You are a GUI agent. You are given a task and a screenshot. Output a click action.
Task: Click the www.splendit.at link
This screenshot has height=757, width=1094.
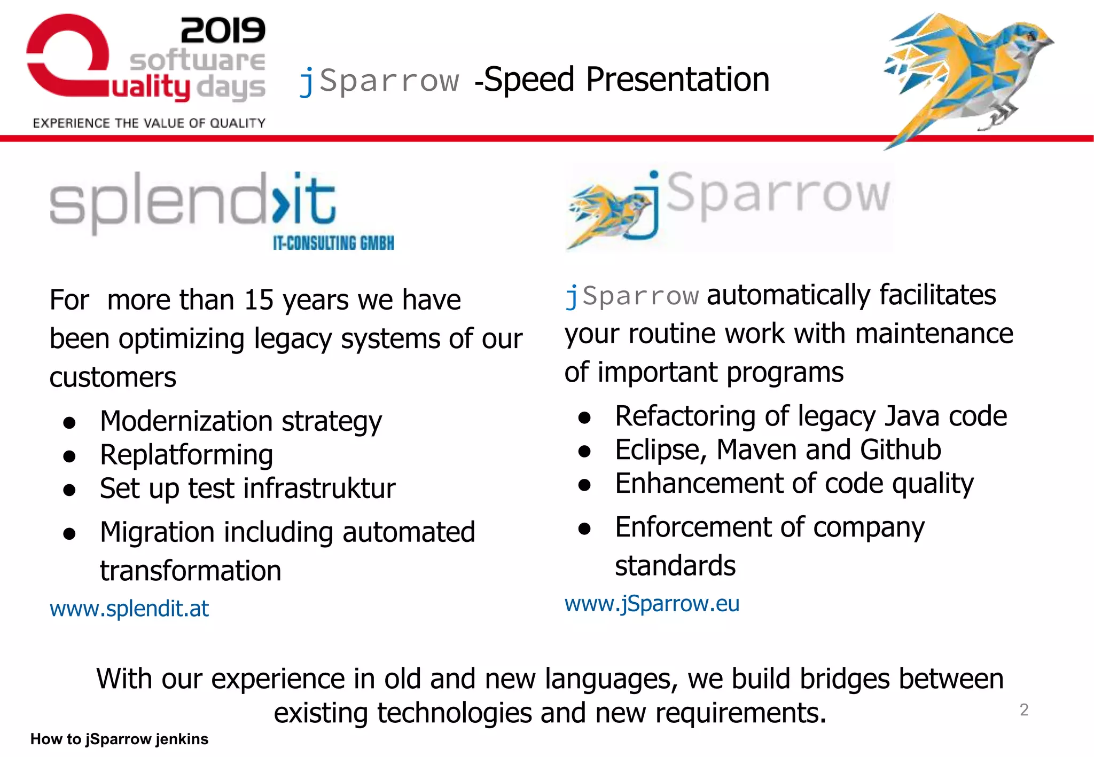pyautogui.click(x=129, y=609)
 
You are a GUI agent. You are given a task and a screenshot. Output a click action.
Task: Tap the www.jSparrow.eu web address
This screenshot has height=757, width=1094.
pyautogui.click(x=652, y=604)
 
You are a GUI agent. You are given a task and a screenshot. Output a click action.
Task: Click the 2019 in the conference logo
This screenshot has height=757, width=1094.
pyautogui.click(x=223, y=30)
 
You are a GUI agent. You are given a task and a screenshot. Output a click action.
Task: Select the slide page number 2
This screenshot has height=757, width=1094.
pyautogui.click(x=1023, y=709)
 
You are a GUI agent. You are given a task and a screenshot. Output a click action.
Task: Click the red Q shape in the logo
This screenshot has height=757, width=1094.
pyautogui.click(x=64, y=59)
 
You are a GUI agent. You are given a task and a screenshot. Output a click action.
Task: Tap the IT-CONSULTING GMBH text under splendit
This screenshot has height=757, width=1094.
pyautogui.click(x=333, y=243)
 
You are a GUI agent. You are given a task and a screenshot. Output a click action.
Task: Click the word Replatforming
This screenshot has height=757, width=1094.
pyautogui.click(x=186, y=455)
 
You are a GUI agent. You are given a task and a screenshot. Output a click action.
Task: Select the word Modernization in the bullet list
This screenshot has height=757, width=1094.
pyautogui.click(x=186, y=421)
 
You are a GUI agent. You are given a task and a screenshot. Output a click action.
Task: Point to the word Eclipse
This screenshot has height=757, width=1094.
pyautogui.click(x=660, y=450)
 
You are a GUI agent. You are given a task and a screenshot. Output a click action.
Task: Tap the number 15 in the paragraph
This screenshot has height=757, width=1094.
pyautogui.click(x=259, y=300)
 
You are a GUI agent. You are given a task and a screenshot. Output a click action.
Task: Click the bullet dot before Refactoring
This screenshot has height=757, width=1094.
pyautogui.click(x=584, y=417)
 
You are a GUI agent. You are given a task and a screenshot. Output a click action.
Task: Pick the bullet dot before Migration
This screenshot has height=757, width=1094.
pyautogui.click(x=69, y=533)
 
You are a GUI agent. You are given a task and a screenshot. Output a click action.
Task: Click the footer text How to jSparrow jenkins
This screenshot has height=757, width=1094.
pyautogui.click(x=119, y=739)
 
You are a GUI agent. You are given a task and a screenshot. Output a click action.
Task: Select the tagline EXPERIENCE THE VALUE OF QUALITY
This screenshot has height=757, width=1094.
pyautogui.click(x=149, y=123)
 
